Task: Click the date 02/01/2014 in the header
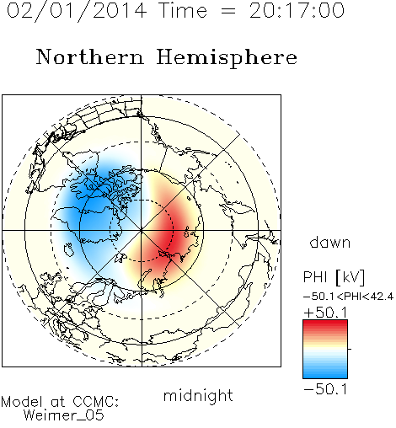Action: coord(77,11)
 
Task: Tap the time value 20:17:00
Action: coord(297,11)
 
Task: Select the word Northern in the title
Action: coord(90,56)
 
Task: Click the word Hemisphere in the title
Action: coord(227,57)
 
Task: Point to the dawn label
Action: coord(330,242)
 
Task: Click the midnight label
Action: coord(198,396)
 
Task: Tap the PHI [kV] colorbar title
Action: coord(334,277)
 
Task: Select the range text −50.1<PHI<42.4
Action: coord(348,297)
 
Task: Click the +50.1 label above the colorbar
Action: coord(325,313)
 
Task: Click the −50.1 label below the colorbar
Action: coord(325,389)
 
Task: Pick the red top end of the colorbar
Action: coord(325,323)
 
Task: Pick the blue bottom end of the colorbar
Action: coord(325,375)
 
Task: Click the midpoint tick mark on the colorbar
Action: coord(350,349)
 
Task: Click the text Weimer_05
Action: coord(64,415)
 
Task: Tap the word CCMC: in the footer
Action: coord(95,402)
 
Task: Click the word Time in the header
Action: coord(183,11)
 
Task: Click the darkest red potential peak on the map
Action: coord(172,234)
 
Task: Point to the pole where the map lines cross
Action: coord(142,231)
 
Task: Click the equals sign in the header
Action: coord(228,11)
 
